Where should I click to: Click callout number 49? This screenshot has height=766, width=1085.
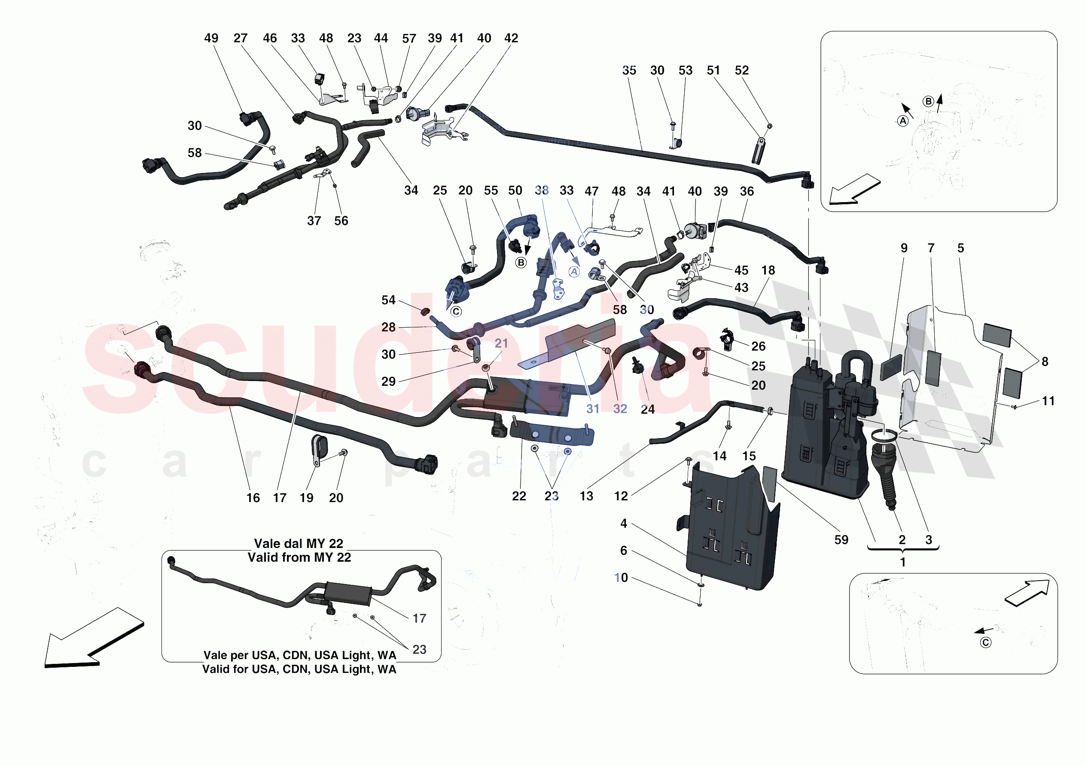[x=211, y=38]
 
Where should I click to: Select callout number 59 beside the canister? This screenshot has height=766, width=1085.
[x=841, y=540]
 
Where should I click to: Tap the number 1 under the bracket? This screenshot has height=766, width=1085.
[x=902, y=563]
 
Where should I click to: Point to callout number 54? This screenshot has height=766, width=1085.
[x=388, y=300]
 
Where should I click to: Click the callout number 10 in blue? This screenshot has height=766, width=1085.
[x=621, y=578]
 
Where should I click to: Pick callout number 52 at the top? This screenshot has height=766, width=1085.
[x=741, y=70]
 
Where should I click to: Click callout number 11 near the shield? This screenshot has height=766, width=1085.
[x=1048, y=401]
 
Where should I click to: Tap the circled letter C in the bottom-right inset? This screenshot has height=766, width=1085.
[x=985, y=643]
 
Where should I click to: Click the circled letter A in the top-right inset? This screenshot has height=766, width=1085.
[x=902, y=121]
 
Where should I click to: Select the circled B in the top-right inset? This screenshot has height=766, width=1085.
[x=928, y=102]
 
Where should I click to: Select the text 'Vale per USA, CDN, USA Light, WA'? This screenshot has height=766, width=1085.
[x=300, y=655]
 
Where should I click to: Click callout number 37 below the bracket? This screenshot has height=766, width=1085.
[x=314, y=221]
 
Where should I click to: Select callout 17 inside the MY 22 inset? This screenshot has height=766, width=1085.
[x=419, y=619]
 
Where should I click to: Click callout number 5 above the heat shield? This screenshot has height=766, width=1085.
[x=960, y=248]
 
